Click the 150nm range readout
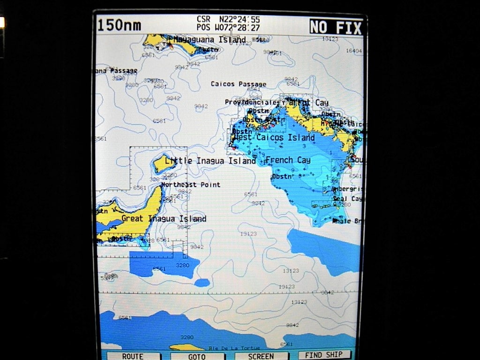point(119,25)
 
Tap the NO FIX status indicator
point(336,27)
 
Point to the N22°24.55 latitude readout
point(240,19)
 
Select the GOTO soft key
point(197,356)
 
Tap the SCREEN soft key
point(261,356)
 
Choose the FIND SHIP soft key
point(324,355)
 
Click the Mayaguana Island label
point(209,40)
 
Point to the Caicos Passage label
point(238,84)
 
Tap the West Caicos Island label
point(273,138)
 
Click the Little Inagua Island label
point(210,161)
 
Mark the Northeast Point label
point(190,185)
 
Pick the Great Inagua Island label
point(164,218)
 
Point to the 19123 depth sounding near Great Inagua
point(248,233)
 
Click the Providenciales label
point(252,102)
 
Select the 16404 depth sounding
point(353,51)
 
